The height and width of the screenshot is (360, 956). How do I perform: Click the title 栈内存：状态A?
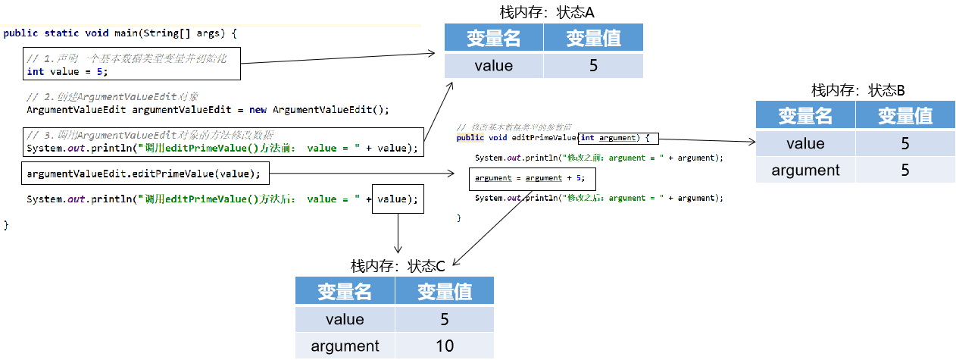[x=544, y=12]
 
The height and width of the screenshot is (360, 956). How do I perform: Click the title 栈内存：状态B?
[x=858, y=90]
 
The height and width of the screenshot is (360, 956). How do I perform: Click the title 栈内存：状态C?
[x=397, y=266]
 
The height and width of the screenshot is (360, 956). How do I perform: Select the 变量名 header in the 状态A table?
[x=494, y=38]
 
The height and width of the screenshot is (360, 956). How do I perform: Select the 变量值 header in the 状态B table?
[x=904, y=116]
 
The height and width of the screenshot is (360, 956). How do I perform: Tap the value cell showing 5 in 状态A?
[x=593, y=66]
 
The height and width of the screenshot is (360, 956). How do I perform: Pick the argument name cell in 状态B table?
[x=806, y=171]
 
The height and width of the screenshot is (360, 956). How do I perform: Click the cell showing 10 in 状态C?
[x=445, y=346]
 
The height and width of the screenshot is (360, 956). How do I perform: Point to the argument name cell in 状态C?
[x=345, y=346]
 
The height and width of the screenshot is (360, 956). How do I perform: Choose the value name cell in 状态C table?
[x=345, y=319]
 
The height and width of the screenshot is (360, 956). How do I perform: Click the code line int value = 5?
[x=67, y=72]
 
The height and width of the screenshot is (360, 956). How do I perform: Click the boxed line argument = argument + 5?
[x=530, y=178]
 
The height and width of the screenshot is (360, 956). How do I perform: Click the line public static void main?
[x=120, y=33]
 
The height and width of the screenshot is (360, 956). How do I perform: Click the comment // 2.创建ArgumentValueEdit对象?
[x=112, y=97]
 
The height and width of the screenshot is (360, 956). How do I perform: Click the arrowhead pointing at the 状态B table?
[x=751, y=141]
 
